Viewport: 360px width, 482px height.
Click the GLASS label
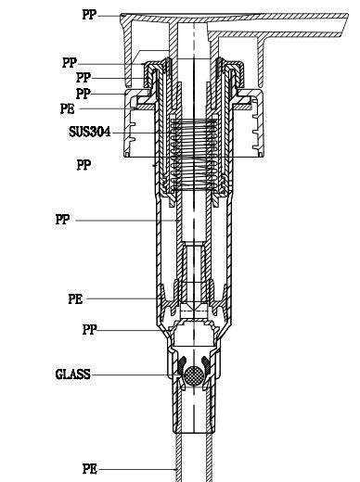pyautogui.click(x=73, y=374)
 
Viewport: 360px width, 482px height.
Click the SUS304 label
pyautogui.click(x=90, y=132)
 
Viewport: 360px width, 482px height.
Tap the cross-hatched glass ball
pyautogui.click(x=194, y=375)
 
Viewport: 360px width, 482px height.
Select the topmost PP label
pyautogui.click(x=89, y=15)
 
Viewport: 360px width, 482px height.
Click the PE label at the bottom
pyautogui.click(x=90, y=469)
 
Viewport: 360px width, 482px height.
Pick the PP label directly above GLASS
pyautogui.click(x=90, y=329)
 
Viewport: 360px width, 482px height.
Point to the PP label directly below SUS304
pyautogui.click(x=84, y=165)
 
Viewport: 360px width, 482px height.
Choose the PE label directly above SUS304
pyautogui.click(x=68, y=108)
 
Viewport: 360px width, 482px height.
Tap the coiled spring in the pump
pyautogui.click(x=194, y=155)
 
